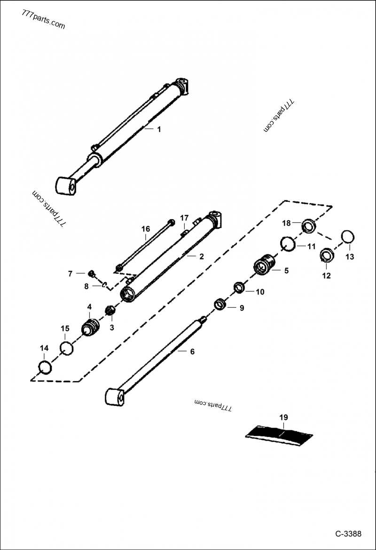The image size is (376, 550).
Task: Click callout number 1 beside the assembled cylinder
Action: [159, 130]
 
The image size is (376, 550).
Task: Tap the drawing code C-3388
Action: [348, 534]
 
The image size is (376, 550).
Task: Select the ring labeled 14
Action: [44, 367]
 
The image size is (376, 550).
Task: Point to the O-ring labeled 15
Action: [67, 349]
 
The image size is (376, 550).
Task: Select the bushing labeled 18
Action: [308, 226]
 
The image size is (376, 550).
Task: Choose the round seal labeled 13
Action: [347, 237]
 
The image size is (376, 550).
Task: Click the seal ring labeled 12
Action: [326, 256]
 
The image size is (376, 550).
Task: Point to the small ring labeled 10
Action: [239, 287]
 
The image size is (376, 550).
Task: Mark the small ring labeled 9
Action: [220, 304]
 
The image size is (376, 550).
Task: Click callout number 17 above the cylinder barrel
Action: [184, 218]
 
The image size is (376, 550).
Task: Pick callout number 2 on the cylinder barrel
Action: [201, 256]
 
